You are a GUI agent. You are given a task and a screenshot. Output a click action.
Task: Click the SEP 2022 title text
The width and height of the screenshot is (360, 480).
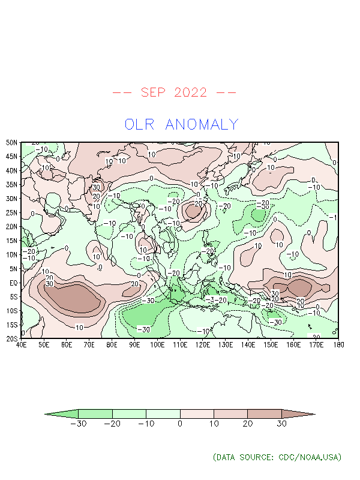pyautogui.click(x=174, y=92)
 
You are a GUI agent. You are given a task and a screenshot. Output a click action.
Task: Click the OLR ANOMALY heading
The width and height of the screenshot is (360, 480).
pyautogui.click(x=181, y=125)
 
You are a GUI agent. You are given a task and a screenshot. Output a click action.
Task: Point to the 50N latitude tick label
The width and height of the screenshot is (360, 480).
pyautogui.click(x=11, y=143)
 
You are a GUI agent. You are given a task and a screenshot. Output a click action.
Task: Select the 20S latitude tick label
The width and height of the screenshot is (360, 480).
pyautogui.click(x=11, y=338)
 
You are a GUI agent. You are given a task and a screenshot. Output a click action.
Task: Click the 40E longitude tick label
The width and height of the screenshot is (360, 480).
pyautogui.click(x=21, y=345)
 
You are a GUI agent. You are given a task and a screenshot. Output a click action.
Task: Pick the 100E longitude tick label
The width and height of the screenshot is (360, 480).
pyautogui.click(x=157, y=345)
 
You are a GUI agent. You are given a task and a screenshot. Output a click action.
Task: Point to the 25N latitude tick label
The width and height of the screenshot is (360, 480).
pyautogui.click(x=11, y=212)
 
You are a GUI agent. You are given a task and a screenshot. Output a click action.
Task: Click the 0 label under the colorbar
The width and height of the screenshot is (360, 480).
pyautogui.click(x=181, y=424)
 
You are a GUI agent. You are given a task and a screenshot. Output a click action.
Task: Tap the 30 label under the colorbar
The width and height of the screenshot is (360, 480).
pyautogui.click(x=281, y=424)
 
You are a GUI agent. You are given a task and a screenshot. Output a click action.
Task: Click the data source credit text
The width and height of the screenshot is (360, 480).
pyautogui.click(x=277, y=457)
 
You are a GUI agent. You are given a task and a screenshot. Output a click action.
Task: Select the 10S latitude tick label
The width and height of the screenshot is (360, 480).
pyautogui.click(x=11, y=311)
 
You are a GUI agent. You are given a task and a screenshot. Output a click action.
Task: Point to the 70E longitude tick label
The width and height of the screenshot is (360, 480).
pyautogui.click(x=89, y=345)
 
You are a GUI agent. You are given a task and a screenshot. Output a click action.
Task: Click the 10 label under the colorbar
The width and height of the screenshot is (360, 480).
pyautogui.click(x=214, y=424)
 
